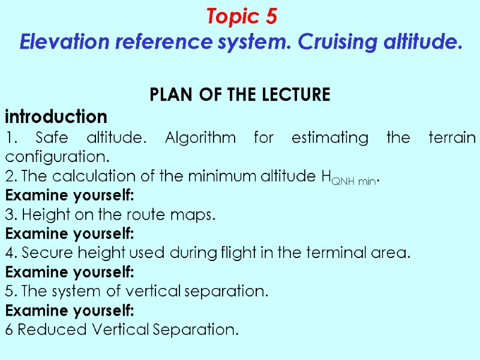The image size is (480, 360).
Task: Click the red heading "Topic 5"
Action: pyautogui.click(x=241, y=17)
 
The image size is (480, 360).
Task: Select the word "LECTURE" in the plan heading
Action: pyautogui.click(x=298, y=95)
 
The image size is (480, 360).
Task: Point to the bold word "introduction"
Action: pyautogui.click(x=56, y=116)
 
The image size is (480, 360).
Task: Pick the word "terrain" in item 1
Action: pyautogui.click(x=452, y=138)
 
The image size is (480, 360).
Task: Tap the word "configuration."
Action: pyautogui.click(x=58, y=157)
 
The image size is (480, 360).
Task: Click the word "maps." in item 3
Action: pyautogui.click(x=197, y=215)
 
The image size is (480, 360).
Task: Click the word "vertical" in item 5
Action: pyautogui.click(x=158, y=292)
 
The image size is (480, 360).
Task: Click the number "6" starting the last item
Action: pyautogui.click(x=9, y=330)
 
